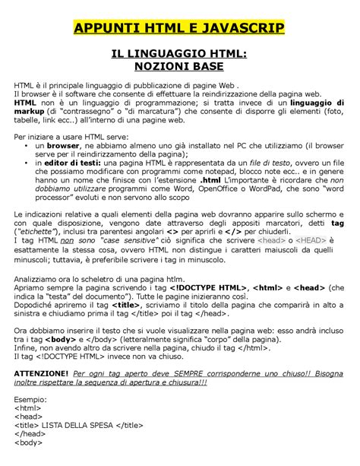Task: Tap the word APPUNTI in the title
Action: click(110, 29)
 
